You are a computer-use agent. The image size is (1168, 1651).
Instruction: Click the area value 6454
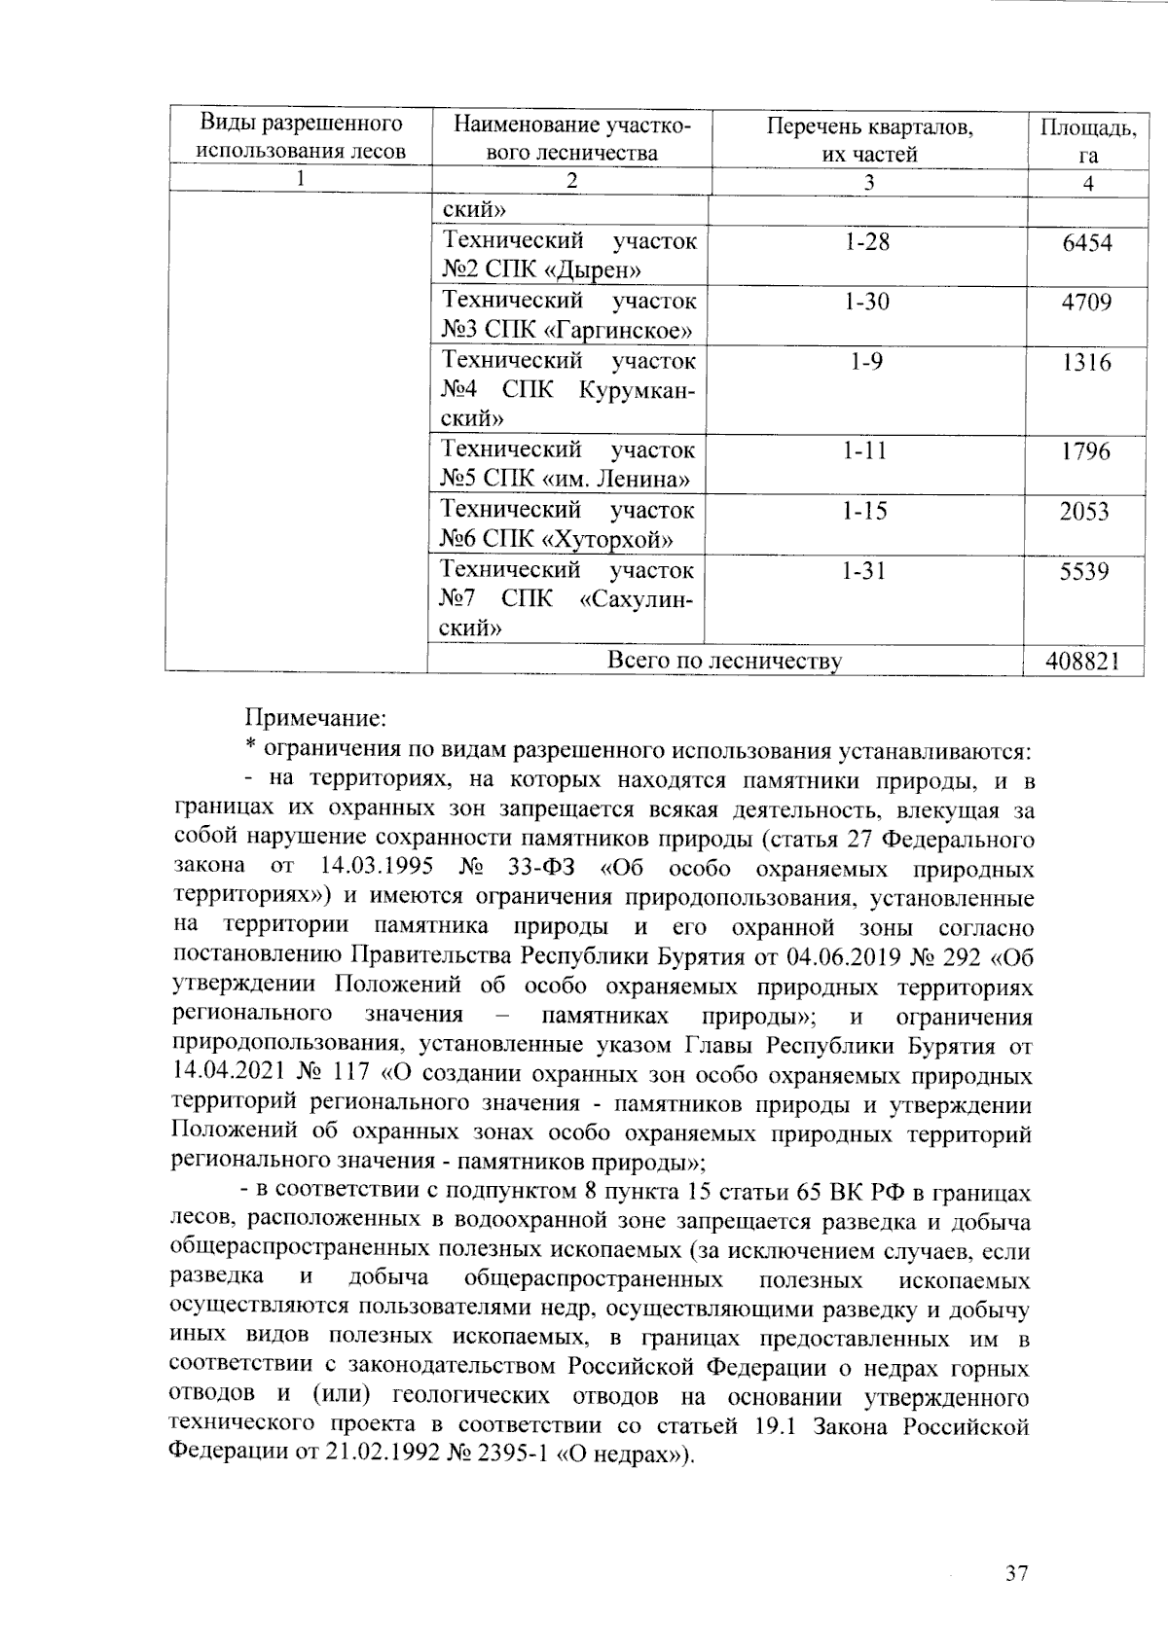click(1087, 243)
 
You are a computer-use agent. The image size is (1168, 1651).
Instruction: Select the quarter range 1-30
click(866, 303)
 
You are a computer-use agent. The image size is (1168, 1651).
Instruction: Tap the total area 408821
click(1081, 662)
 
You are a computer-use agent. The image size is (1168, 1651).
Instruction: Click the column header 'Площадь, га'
click(1087, 140)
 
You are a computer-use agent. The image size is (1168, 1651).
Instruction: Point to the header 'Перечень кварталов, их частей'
click(868, 140)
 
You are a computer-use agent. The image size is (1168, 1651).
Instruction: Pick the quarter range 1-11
click(865, 451)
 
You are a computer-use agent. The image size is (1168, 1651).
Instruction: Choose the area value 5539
click(1084, 572)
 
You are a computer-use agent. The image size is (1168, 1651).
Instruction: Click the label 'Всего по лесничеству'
click(724, 662)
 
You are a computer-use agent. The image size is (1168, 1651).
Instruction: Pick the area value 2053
click(1084, 512)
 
